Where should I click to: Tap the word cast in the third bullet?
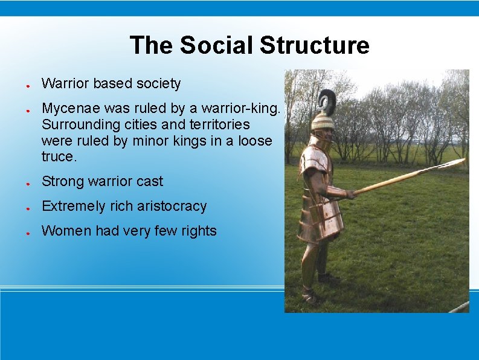pos(151,181)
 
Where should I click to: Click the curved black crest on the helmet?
pos(328,102)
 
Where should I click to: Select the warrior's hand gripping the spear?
pos(349,194)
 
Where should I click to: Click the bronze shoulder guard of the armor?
pos(313,158)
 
